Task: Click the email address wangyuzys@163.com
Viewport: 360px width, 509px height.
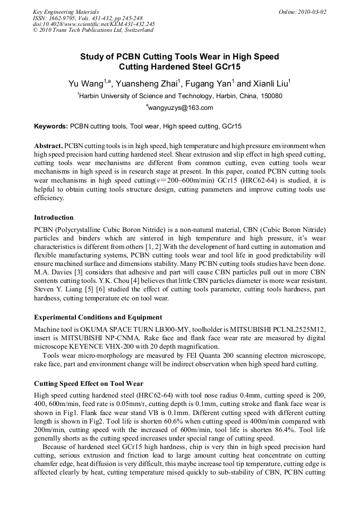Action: click(181, 108)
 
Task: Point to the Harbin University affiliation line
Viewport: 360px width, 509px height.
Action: click(181, 96)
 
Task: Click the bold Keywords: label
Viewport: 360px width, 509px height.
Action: click(51, 126)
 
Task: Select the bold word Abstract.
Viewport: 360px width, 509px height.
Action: click(49, 145)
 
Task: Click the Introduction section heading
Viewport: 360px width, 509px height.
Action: click(54, 218)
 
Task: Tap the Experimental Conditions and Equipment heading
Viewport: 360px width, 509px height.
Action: click(98, 317)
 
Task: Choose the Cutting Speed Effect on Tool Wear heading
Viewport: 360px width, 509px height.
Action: click(88, 383)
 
